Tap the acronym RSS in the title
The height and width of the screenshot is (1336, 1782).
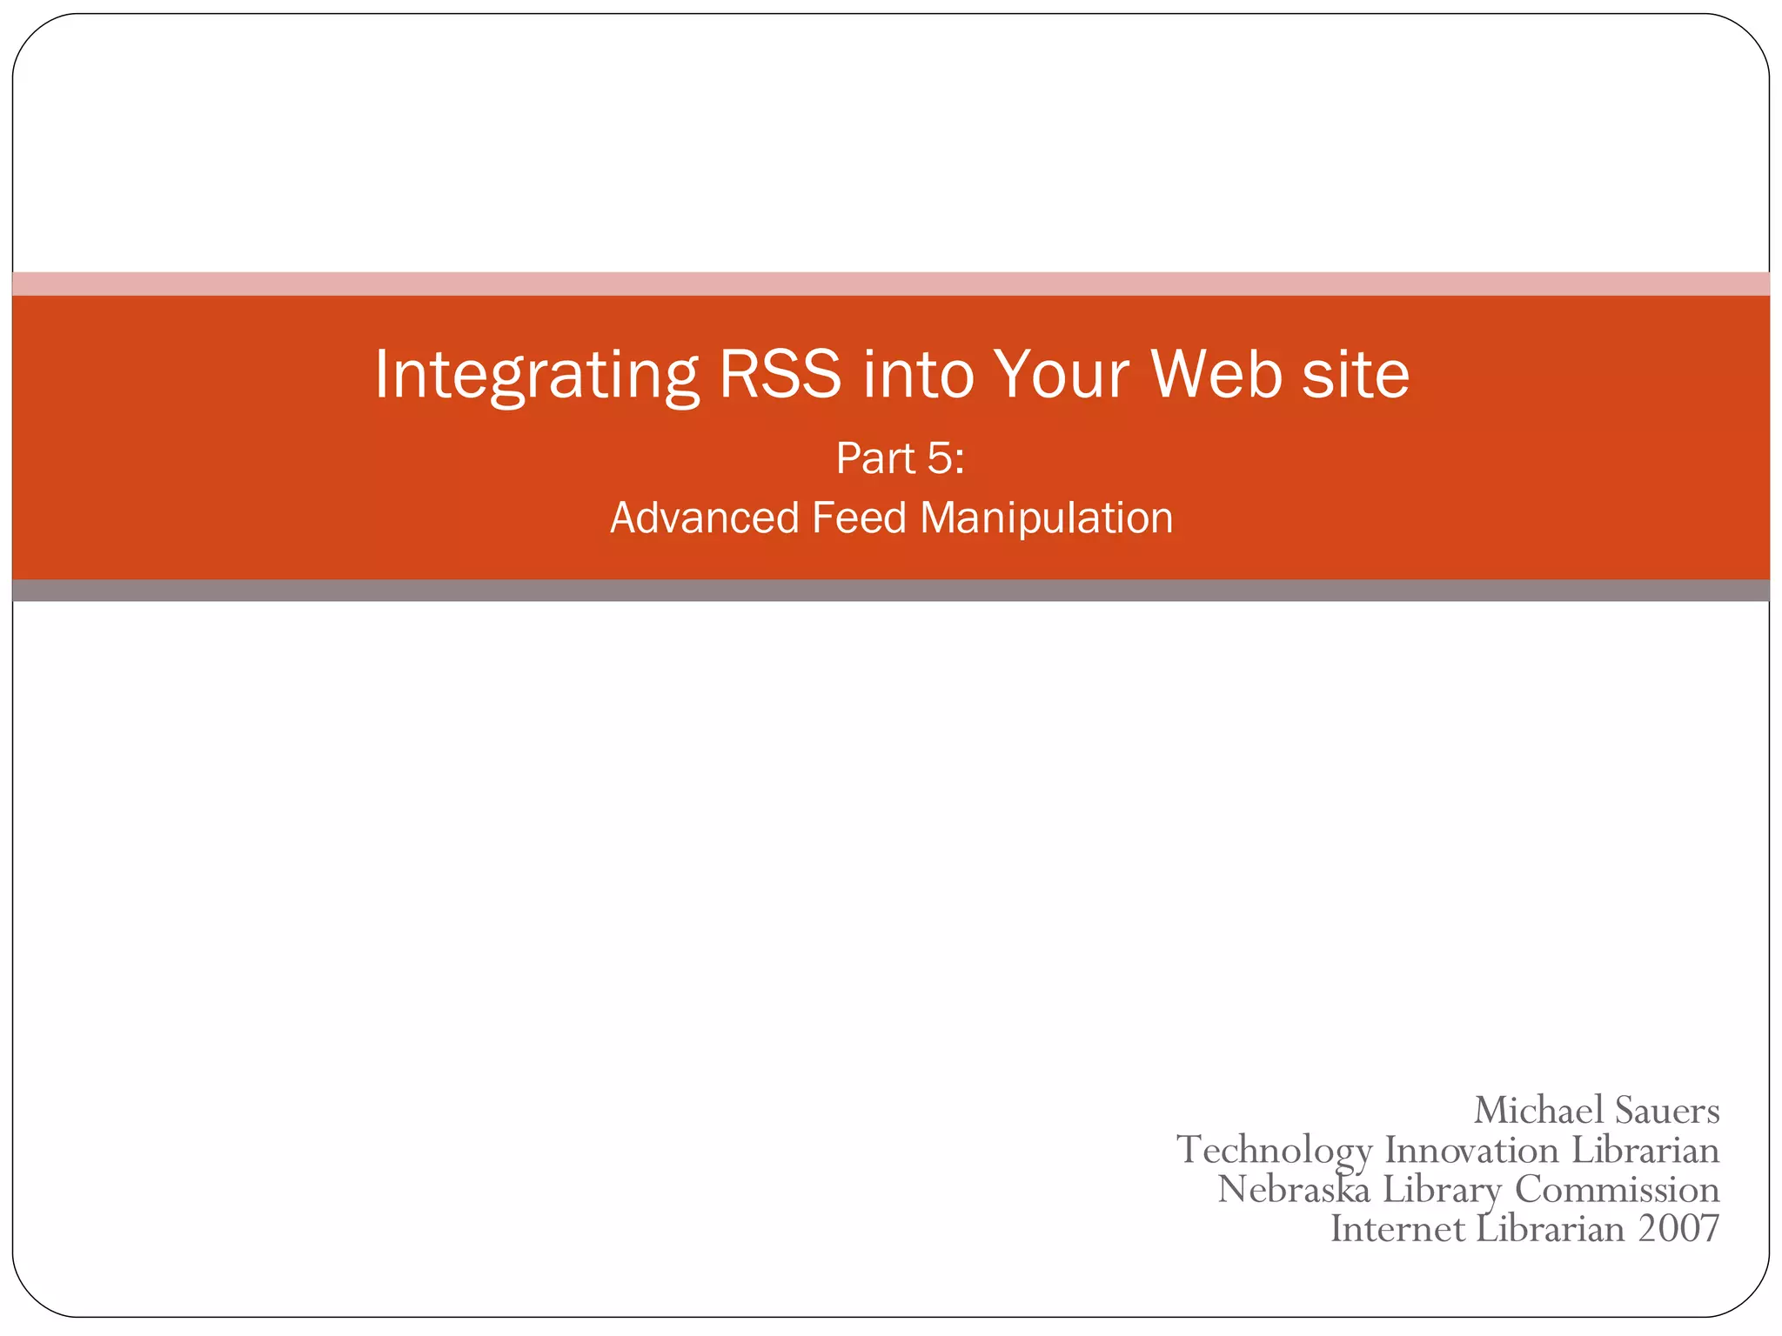click(x=780, y=374)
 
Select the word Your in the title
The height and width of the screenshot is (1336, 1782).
click(x=1061, y=374)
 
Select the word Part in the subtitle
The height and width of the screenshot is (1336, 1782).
click(x=874, y=458)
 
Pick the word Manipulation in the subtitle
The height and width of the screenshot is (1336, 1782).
click(x=1046, y=518)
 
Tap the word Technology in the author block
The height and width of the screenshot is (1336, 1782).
click(x=1274, y=1152)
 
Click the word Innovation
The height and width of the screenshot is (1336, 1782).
click(x=1471, y=1150)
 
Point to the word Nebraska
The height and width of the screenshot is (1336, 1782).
click(x=1294, y=1189)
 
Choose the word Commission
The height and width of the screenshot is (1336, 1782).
click(x=1617, y=1189)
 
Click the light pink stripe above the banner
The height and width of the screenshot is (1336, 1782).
click(x=891, y=284)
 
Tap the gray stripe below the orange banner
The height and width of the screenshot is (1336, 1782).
click(x=891, y=591)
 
